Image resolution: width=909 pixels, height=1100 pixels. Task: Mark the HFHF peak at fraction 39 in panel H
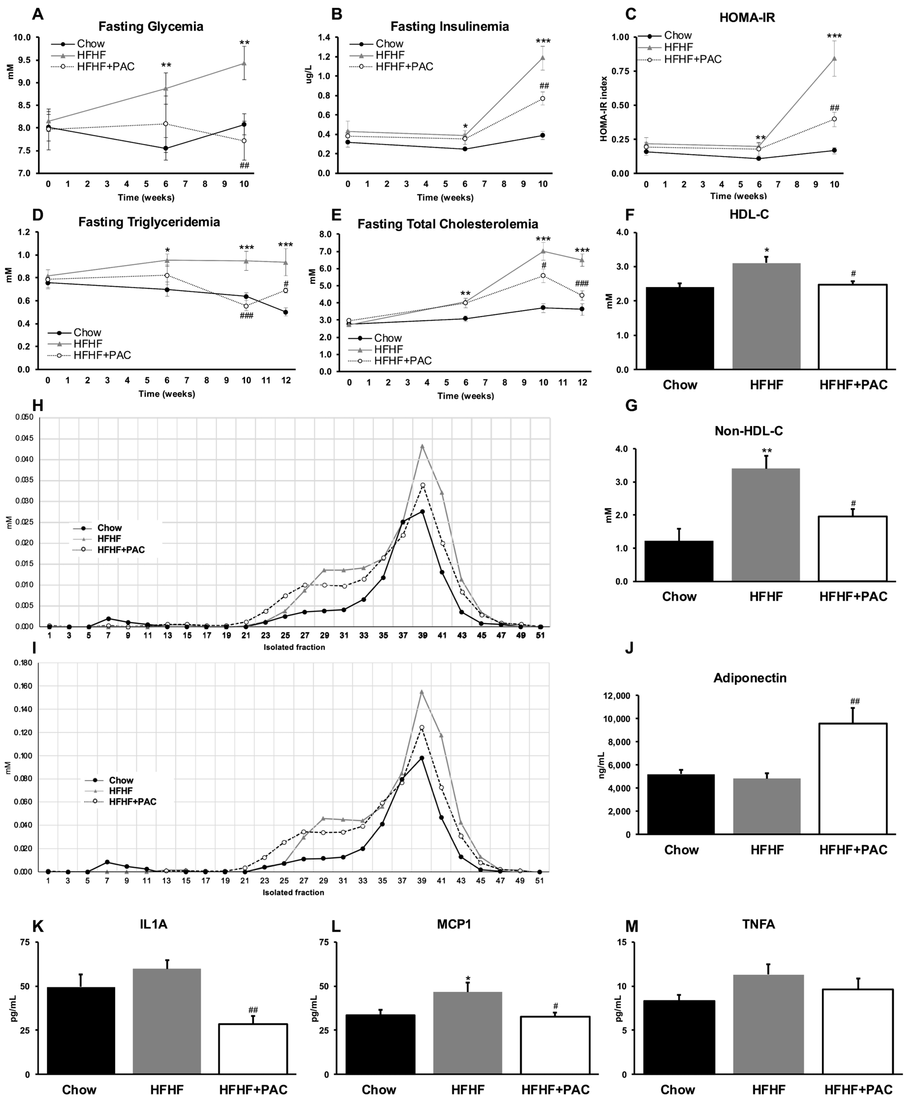tap(422, 446)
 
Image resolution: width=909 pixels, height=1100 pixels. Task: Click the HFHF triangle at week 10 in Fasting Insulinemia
tap(543, 58)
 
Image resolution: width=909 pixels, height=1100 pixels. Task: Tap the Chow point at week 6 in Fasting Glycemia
tap(165, 148)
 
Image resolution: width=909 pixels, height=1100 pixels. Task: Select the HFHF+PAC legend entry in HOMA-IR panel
tap(692, 59)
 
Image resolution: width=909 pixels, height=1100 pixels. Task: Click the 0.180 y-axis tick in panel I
tap(23, 663)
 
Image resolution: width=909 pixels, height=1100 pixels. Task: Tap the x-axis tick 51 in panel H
tap(540, 635)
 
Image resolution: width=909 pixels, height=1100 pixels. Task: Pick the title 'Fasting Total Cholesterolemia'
tap(448, 224)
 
